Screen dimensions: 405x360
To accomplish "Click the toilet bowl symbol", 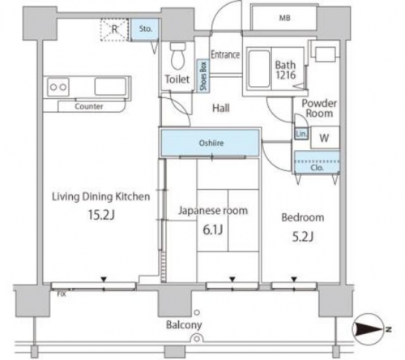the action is click(x=177, y=56).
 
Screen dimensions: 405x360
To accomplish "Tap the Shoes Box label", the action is click(x=203, y=76).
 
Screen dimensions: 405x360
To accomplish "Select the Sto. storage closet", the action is click(x=145, y=29).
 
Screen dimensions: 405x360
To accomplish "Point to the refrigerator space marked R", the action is click(x=114, y=29).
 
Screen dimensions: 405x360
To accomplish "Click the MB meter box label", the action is click(x=284, y=18).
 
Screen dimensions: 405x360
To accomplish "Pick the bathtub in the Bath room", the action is click(x=259, y=69).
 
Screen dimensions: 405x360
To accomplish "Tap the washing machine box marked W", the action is click(x=325, y=137).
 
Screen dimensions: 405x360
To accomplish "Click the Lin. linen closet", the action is click(x=301, y=134).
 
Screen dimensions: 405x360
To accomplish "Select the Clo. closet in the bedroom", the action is click(x=317, y=162).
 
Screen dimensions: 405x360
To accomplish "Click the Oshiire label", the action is click(x=211, y=143).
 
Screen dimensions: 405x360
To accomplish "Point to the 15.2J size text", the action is click(x=101, y=215).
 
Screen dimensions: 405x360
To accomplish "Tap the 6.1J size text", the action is click(x=213, y=230).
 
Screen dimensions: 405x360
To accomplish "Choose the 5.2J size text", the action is click(x=303, y=237).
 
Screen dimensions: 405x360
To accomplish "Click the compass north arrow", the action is click(x=369, y=329).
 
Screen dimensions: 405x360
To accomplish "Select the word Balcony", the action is click(x=184, y=324).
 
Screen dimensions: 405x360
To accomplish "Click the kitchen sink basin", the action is click(x=110, y=87).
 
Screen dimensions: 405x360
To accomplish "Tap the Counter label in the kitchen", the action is click(x=89, y=106).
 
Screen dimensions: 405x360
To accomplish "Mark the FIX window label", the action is click(x=62, y=294).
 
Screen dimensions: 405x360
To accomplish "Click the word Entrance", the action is click(x=225, y=54).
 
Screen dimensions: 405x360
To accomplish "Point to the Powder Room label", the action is click(x=319, y=108).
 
